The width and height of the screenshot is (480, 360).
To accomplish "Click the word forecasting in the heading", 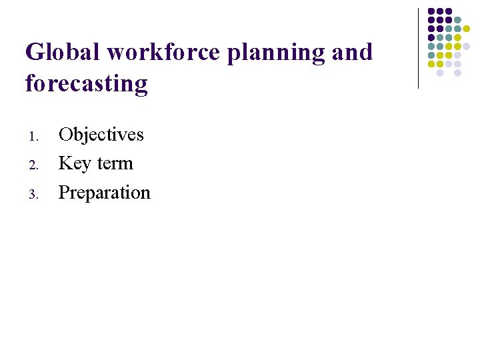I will pos(86,84).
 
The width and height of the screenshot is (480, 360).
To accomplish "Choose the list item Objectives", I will pos(101,135).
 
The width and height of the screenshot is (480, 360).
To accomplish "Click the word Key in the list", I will pos(73,163).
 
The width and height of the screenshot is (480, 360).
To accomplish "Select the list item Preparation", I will pos(105,193).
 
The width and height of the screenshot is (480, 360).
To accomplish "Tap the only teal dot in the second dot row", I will pos(457,20).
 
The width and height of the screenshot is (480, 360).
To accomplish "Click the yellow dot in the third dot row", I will pos(466,29).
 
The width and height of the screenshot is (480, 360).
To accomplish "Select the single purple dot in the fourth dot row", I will pos(431,37).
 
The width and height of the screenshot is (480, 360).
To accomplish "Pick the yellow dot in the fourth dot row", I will pos(457,37).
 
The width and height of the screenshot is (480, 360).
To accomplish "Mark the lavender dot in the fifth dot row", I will pos(466,46).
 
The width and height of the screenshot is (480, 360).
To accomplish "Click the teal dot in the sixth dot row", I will pos(431,55).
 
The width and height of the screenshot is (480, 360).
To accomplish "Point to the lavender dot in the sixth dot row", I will pos(457,55).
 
